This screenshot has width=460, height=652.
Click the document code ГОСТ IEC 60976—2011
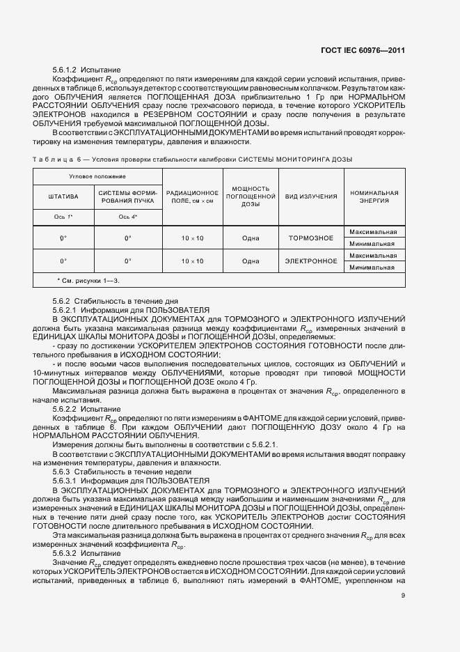pyautogui.click(x=373, y=50)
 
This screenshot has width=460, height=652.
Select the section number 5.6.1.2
pyautogui.click(x=65, y=71)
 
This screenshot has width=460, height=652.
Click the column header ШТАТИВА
pyautogui.click(x=63, y=196)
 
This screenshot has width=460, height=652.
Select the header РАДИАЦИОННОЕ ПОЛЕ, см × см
pyautogui.click(x=192, y=196)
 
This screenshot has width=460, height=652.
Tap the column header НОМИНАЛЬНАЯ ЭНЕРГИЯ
pyautogui.click(x=374, y=196)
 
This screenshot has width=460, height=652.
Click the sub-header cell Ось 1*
pyautogui.click(x=63, y=217)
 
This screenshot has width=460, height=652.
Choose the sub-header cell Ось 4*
pyautogui.click(x=128, y=217)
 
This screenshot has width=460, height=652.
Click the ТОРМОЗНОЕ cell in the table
pyautogui.click(x=311, y=238)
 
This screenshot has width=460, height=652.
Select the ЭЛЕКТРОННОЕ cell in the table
pyautogui.click(x=311, y=261)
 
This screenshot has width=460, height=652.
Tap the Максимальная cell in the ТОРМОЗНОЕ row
pyautogui.click(x=374, y=232)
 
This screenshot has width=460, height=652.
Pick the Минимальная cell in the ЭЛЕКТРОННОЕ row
pyautogui.click(x=374, y=267)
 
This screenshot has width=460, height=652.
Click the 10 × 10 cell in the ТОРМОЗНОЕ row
pyautogui.click(x=192, y=238)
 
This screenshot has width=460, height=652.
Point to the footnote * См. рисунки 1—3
pyautogui.click(x=88, y=280)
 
